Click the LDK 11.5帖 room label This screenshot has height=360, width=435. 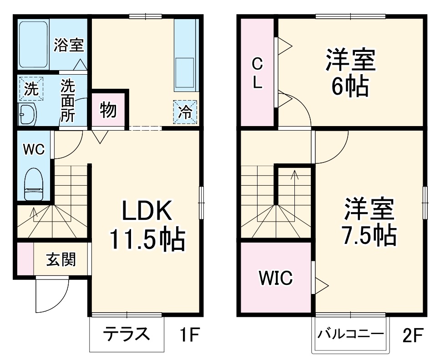click(147, 226)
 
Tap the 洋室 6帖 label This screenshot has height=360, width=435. click(349, 73)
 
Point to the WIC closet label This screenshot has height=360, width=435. click(275, 277)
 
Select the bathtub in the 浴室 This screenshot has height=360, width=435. click(33, 44)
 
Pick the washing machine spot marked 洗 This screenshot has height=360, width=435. click(31, 88)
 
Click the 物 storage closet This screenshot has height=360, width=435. click(108, 110)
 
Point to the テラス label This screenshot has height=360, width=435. click(126, 335)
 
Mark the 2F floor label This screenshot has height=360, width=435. click(413, 336)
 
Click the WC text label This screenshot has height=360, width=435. click(34, 150)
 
